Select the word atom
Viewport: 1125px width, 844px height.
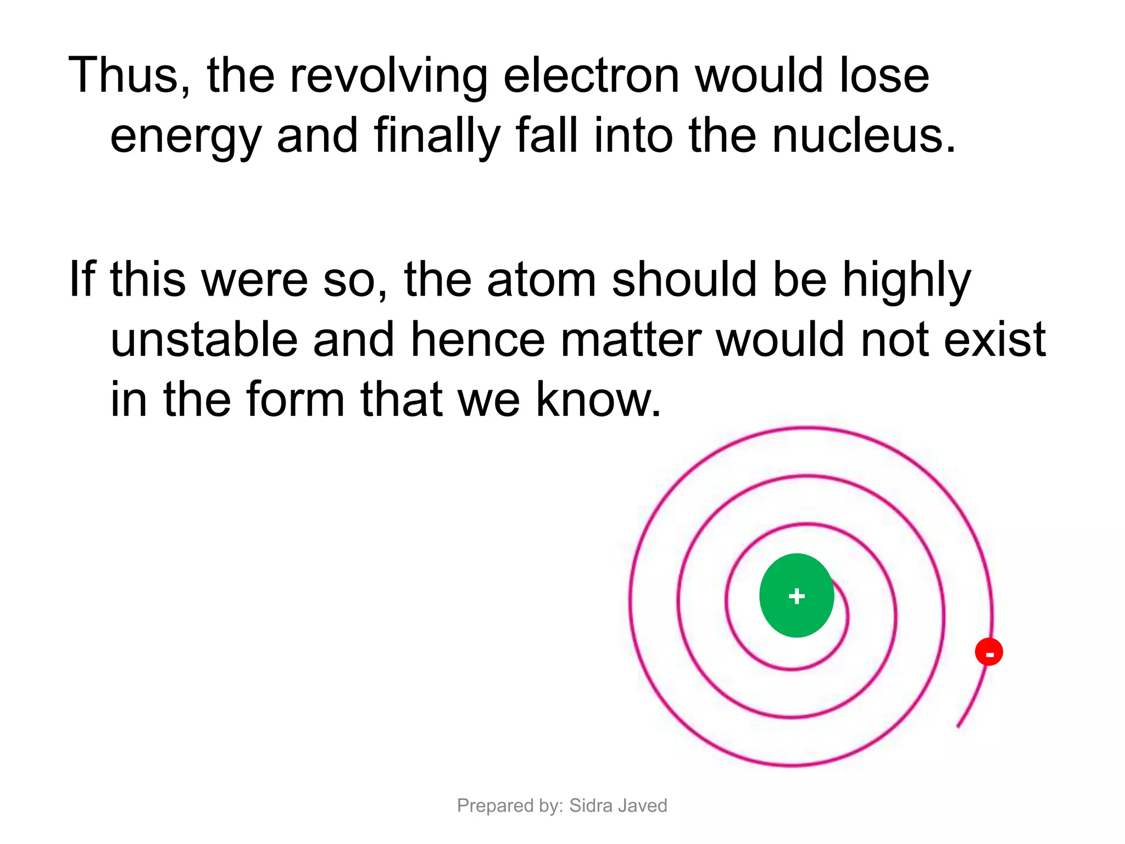541,280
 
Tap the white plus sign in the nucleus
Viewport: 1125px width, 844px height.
797,596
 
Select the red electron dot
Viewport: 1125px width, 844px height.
989,652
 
